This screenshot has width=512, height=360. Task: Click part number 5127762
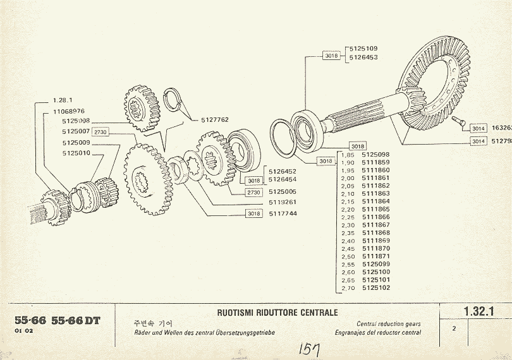[x=215, y=119]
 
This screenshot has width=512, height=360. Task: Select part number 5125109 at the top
[x=363, y=49]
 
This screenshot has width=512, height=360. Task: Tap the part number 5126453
[x=363, y=57]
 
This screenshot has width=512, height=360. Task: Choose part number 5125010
[x=76, y=153]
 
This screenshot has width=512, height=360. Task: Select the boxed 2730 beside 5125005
[x=254, y=191]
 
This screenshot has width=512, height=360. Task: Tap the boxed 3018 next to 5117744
[x=254, y=213]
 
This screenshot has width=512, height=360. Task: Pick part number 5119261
[x=283, y=202]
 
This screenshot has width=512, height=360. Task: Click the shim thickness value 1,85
[x=347, y=155]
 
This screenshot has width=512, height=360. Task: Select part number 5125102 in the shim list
[x=376, y=288]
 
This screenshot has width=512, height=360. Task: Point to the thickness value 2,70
[x=347, y=288]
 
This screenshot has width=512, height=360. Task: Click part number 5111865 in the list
[x=376, y=209]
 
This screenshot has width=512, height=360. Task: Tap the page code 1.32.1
[x=477, y=311]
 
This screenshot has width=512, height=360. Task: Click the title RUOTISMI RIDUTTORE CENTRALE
[x=277, y=313]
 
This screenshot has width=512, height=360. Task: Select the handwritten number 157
[x=309, y=349]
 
